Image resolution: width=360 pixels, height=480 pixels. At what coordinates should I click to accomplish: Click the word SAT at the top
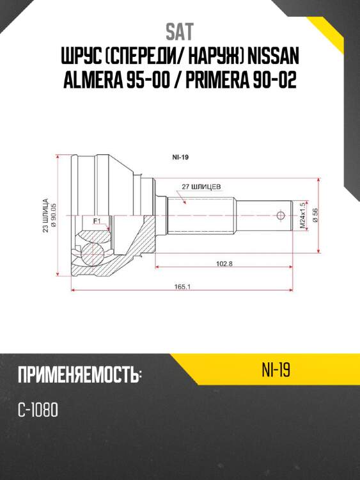(179, 31)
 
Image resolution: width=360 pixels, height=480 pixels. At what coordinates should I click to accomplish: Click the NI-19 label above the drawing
(181, 156)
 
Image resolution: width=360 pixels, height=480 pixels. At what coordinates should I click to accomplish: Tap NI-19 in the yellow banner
(276, 370)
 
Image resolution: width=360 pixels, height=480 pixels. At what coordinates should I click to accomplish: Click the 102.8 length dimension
(224, 263)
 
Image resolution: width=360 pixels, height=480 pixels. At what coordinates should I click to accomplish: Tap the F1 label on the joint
(97, 221)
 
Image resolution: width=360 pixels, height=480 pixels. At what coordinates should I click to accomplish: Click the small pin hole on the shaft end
(280, 214)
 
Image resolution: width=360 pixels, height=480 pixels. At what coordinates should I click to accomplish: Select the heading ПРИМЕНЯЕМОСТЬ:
(80, 375)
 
